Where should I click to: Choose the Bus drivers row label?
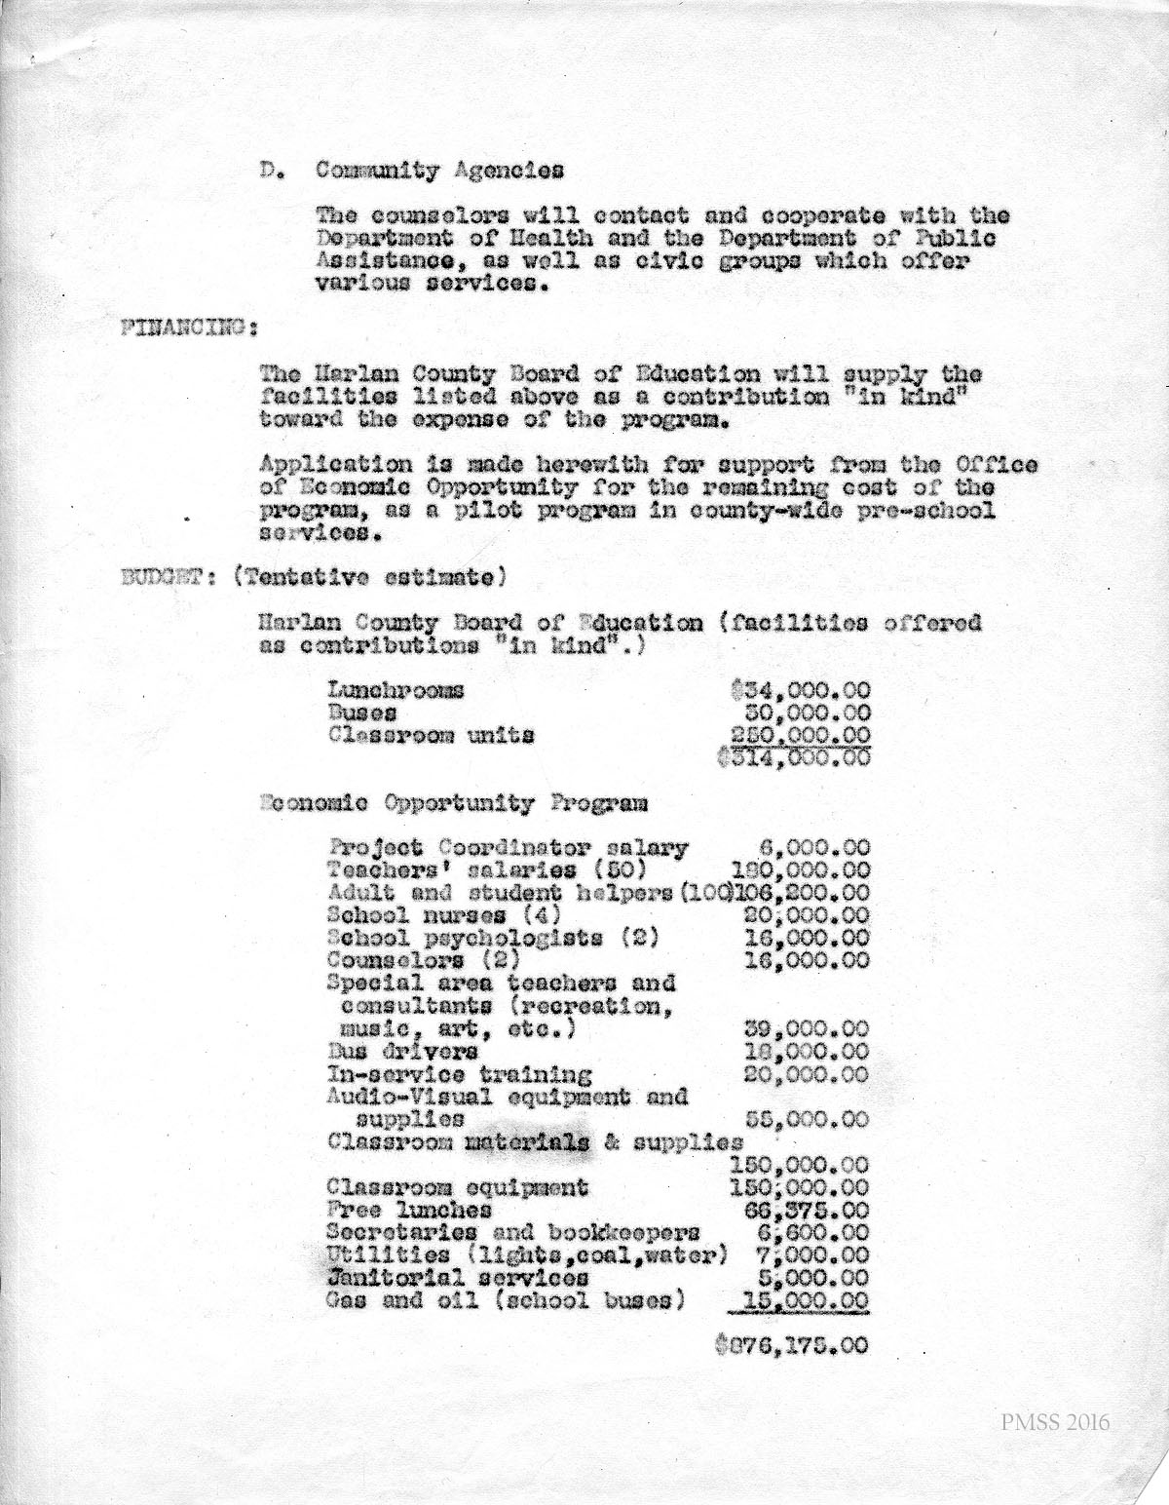coord(402,1052)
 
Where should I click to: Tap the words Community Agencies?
coord(439,170)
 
